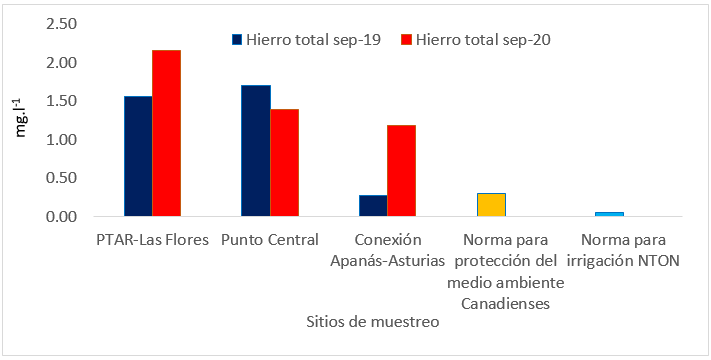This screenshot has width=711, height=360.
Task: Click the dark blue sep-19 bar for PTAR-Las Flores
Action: (138, 157)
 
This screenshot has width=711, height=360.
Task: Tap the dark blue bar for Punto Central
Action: (256, 151)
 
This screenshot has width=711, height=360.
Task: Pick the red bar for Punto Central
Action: (284, 163)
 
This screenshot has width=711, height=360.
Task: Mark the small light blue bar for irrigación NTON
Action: (608, 214)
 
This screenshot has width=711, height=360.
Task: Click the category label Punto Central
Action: (269, 241)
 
